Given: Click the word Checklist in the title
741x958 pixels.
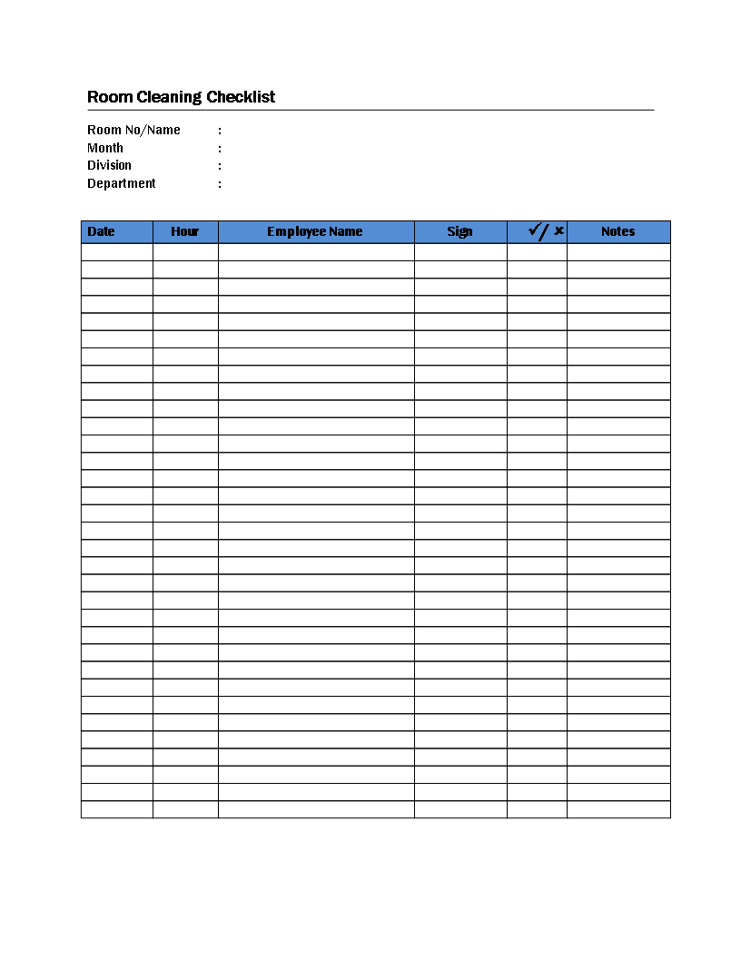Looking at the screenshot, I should click(x=241, y=97).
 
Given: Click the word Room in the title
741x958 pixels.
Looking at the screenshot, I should click(x=105, y=97).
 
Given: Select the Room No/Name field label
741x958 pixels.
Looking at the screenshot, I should click(x=133, y=130).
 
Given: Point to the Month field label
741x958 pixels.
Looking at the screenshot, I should click(x=105, y=148).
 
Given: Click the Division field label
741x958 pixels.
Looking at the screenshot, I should click(x=109, y=165).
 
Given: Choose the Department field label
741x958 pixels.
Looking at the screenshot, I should click(x=121, y=183).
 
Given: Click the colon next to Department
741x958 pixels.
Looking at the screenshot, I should click(x=220, y=184).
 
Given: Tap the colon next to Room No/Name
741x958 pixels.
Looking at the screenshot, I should click(x=220, y=131).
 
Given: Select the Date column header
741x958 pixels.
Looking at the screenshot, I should click(x=101, y=231).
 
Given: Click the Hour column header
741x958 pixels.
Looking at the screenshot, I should click(x=184, y=231).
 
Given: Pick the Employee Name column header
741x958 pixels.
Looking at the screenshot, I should click(x=314, y=231).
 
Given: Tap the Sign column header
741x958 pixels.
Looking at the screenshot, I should click(x=459, y=231).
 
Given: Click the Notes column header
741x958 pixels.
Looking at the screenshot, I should click(x=617, y=231).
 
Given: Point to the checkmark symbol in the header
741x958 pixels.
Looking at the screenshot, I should click(x=535, y=230).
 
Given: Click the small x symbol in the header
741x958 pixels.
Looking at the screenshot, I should click(x=559, y=230).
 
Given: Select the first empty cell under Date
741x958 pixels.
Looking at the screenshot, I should click(x=117, y=252).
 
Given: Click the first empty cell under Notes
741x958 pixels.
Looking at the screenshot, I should click(x=618, y=252).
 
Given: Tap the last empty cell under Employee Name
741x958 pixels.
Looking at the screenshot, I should click(x=316, y=809).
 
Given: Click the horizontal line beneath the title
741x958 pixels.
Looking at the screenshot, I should click(x=370, y=110).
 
